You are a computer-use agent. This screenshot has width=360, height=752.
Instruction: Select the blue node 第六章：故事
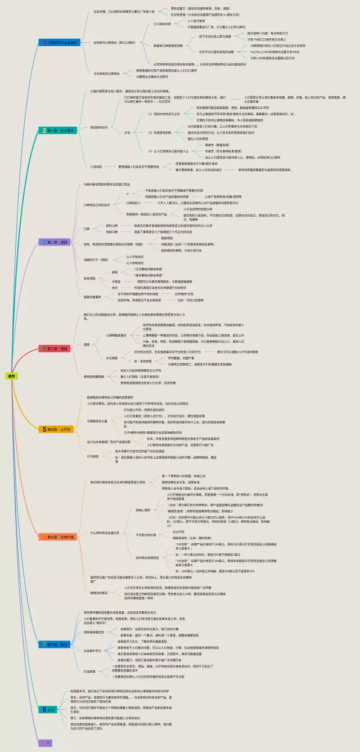point(56,643)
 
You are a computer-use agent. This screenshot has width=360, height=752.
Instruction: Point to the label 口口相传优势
point(163,24)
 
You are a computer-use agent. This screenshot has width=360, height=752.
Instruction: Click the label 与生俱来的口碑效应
point(106,73)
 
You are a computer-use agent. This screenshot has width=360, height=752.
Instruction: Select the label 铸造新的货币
point(101,128)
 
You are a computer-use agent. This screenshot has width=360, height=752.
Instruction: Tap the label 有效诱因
point(91,278)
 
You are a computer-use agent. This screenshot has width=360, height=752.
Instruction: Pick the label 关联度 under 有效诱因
point(116,281)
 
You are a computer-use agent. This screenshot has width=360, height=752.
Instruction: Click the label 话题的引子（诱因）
point(96,259)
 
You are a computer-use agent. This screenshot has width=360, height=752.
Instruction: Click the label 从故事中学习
point(96,650)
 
